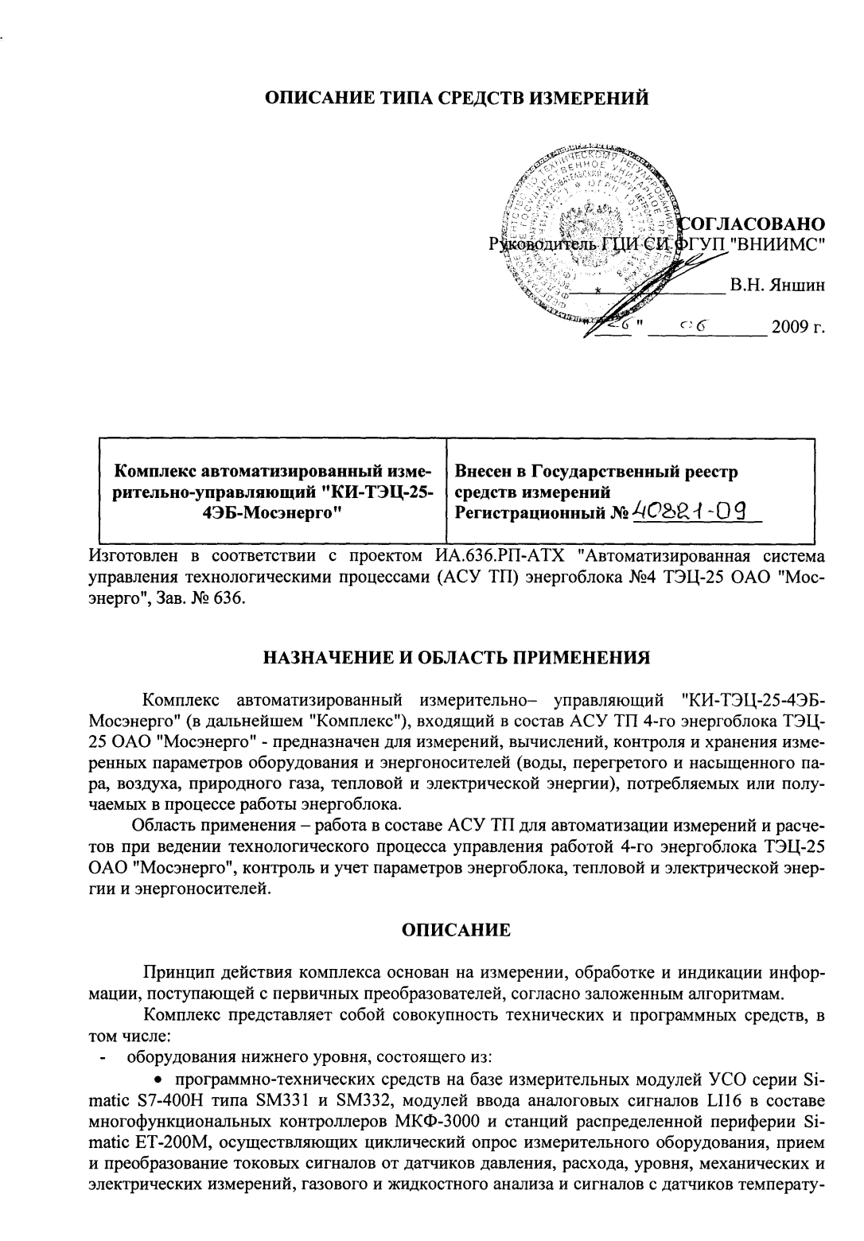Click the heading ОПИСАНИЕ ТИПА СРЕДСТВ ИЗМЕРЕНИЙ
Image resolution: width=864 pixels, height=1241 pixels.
pyautogui.click(x=457, y=98)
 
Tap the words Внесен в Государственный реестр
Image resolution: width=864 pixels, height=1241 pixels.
pyautogui.click(x=595, y=472)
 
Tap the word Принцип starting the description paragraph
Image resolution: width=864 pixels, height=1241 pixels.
pyautogui.click(x=175, y=973)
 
